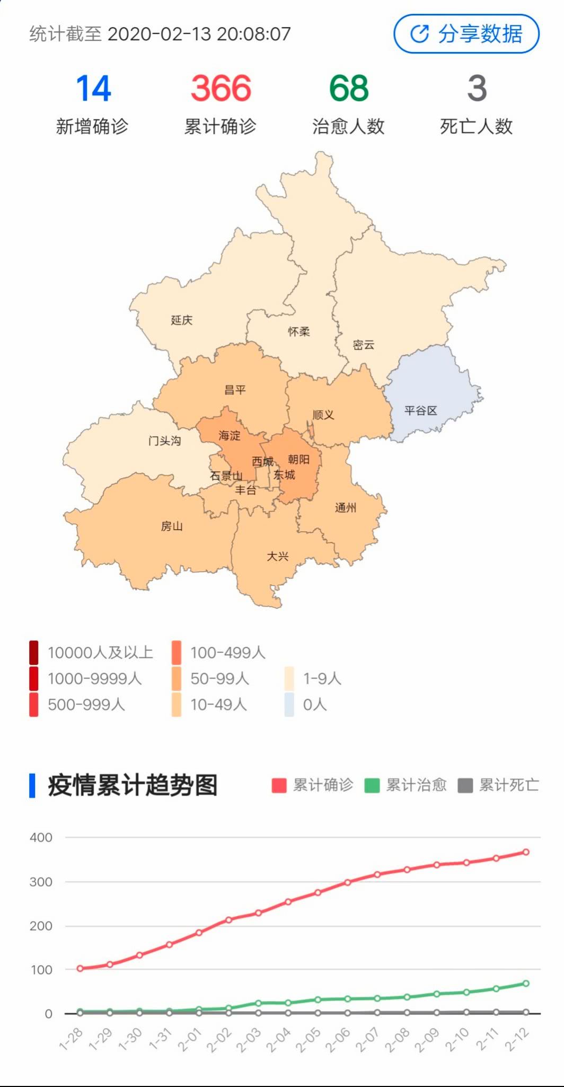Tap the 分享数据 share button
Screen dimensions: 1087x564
click(466, 34)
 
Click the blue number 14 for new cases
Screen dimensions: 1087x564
click(93, 88)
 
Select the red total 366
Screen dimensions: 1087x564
click(221, 88)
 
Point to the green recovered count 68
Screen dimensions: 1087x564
click(348, 88)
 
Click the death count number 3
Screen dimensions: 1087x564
click(477, 88)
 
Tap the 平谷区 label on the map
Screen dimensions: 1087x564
click(420, 410)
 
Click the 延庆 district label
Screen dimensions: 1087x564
click(181, 320)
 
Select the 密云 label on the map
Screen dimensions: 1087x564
click(364, 345)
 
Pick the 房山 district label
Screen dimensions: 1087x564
click(172, 526)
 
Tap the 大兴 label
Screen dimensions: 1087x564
click(277, 556)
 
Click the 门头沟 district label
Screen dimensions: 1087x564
click(164, 441)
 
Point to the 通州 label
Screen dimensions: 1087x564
click(345, 508)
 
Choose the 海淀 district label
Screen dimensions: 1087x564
click(229, 436)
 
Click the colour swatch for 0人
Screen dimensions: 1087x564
click(289, 705)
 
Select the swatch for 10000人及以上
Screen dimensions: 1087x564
click(34, 652)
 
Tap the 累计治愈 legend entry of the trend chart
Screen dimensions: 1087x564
click(406, 785)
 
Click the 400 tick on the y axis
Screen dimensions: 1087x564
click(41, 838)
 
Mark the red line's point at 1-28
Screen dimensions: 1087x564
click(80, 968)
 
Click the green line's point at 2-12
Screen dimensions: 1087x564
click(526, 984)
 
